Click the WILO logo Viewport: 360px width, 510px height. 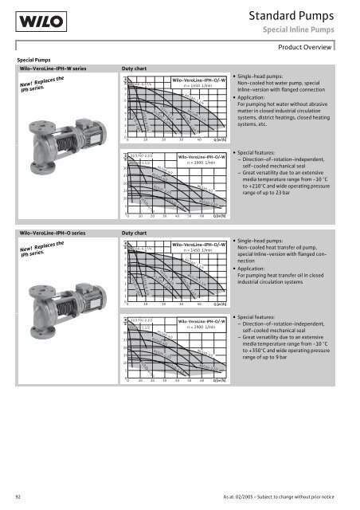tap(31, 24)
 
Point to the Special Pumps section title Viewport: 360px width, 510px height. tap(31, 59)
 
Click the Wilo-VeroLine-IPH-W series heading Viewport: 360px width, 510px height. tap(57, 69)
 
